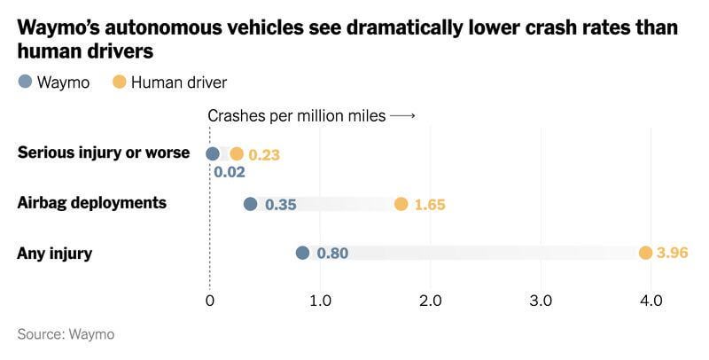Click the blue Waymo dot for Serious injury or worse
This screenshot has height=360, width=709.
pyautogui.click(x=213, y=153)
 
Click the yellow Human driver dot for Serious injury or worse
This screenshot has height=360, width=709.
pyautogui.click(x=236, y=153)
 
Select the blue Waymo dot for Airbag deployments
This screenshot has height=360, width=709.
pyautogui.click(x=250, y=204)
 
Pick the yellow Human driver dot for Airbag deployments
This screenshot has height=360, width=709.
pyautogui.click(x=401, y=204)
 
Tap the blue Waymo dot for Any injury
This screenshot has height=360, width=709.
pyautogui.click(x=302, y=254)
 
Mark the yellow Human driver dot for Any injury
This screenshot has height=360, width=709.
pyautogui.click(x=645, y=254)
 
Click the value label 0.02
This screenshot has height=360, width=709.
pyautogui.click(x=230, y=172)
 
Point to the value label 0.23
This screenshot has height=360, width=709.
pyautogui.click(x=264, y=154)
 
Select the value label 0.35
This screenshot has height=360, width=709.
pyautogui.click(x=280, y=205)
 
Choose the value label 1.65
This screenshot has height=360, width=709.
pyautogui.click(x=430, y=205)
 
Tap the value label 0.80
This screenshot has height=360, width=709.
pyautogui.click(x=332, y=254)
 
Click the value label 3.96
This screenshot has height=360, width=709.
pyautogui.click(x=674, y=254)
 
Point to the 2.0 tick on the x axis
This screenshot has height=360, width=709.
pyautogui.click(x=430, y=301)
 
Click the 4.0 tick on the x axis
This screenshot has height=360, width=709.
pyautogui.click(x=651, y=301)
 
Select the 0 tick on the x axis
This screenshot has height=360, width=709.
pyautogui.click(x=209, y=301)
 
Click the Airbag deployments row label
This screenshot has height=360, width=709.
pyautogui.click(x=91, y=203)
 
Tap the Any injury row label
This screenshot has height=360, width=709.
pyautogui.click(x=55, y=254)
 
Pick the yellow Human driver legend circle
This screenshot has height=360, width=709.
pyautogui.click(x=118, y=82)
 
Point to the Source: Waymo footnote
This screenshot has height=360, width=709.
pyautogui.click(x=66, y=334)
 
